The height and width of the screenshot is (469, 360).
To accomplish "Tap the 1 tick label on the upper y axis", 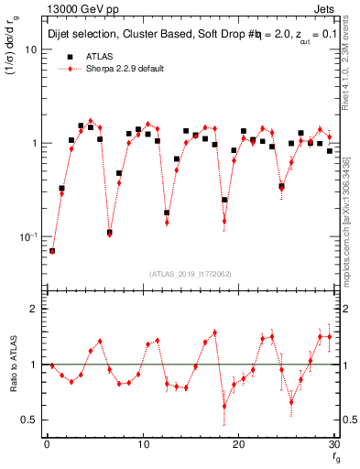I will pyautogui.click(x=34, y=144).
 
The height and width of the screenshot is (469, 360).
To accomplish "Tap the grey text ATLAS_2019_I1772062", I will pyautogui.click(x=190, y=274).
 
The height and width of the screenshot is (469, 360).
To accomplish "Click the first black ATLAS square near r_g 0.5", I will pyautogui.click(x=52, y=250).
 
